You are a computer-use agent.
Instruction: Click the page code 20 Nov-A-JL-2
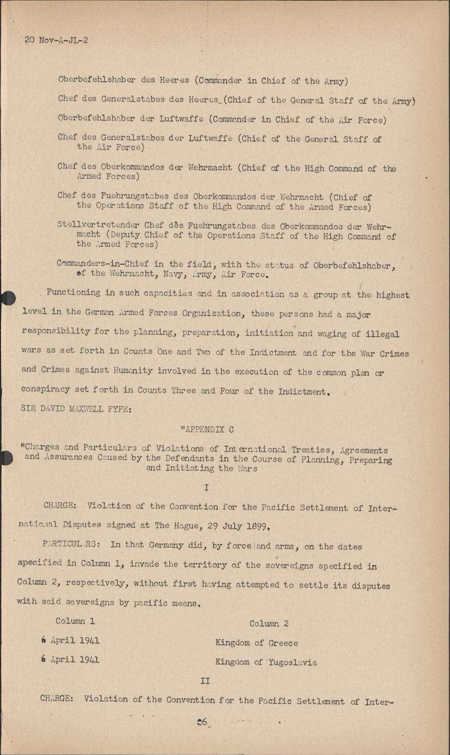pyautogui.click(x=56, y=40)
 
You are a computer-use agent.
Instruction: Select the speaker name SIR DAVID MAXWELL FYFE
pyautogui.click(x=76, y=409)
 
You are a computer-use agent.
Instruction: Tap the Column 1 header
pyautogui.click(x=75, y=621)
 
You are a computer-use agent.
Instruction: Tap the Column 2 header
pyautogui.click(x=269, y=623)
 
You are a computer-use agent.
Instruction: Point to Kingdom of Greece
pyautogui.click(x=256, y=643)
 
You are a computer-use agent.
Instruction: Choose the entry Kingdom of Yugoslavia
pyautogui.click(x=266, y=662)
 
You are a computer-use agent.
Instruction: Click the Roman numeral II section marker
pyautogui.click(x=205, y=681)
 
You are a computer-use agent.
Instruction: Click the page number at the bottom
pyautogui.click(x=202, y=721)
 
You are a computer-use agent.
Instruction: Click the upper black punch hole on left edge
pyautogui.click(x=7, y=298)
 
